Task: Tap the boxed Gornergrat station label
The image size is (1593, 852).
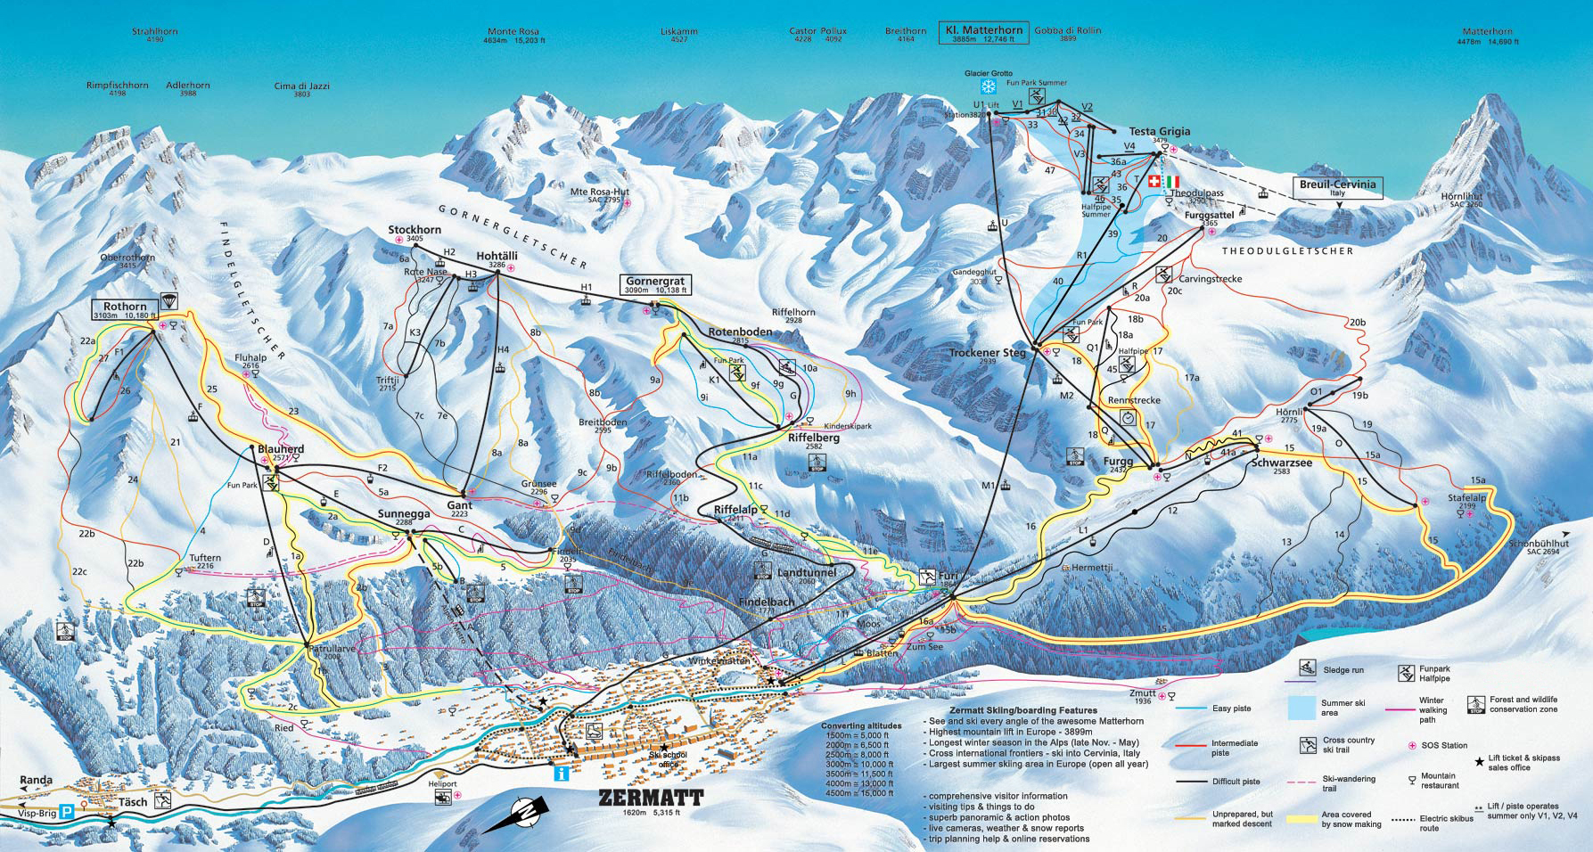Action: [x=655, y=284]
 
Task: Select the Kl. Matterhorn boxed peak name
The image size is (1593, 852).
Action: [x=983, y=34]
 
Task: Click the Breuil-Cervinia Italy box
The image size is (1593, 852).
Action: [x=1338, y=188]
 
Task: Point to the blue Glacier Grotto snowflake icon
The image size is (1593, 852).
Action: [x=988, y=86]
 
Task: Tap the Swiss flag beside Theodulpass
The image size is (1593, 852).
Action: [x=1154, y=182]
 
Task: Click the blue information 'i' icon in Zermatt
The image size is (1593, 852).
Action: [x=561, y=774]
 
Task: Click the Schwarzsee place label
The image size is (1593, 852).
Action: [x=1282, y=463]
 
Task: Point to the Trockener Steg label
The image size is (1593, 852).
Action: [x=988, y=353]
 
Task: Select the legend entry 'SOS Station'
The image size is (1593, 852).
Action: [x=1441, y=745]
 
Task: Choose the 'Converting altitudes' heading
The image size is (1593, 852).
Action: [x=856, y=726]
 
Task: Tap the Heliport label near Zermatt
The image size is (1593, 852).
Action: [x=442, y=784]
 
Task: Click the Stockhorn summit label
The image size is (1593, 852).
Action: [x=415, y=230]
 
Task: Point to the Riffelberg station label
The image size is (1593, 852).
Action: [x=813, y=438]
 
